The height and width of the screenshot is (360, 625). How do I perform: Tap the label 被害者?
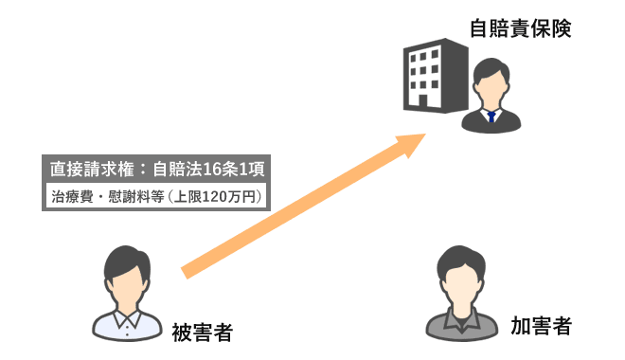click(202, 333)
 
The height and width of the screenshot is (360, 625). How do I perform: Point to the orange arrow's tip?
click(423, 139)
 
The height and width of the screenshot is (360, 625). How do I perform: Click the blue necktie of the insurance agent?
click(491, 117)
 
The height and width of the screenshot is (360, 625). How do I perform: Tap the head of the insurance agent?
click(491, 83)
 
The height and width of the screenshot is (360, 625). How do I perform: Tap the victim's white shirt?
click(127, 325)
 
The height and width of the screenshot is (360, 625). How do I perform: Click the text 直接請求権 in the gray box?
click(83, 171)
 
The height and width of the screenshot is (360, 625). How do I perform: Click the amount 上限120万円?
click(218, 197)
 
